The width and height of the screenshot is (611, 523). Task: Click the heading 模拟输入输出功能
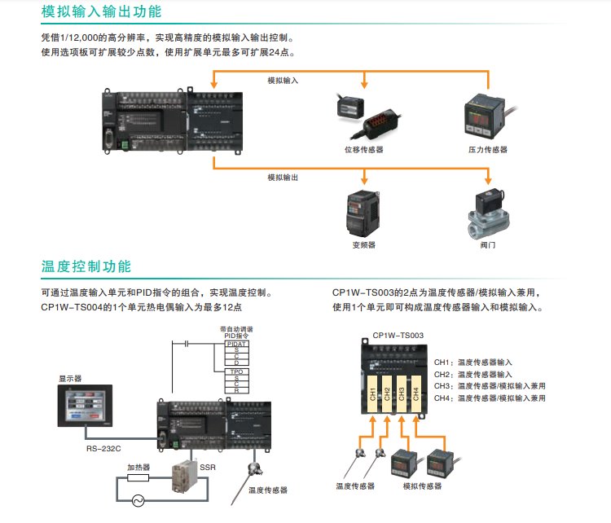pyautogui.click(x=101, y=12)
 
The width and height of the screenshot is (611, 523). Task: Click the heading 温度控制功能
pyautogui.click(x=86, y=267)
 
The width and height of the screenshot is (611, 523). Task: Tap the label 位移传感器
pyautogui.click(x=363, y=150)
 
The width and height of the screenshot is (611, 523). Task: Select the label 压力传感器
pyautogui.click(x=487, y=150)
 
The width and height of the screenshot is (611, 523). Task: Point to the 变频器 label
pyautogui.click(x=363, y=244)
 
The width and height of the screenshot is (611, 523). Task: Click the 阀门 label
pyautogui.click(x=487, y=244)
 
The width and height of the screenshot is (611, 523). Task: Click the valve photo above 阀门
pyautogui.click(x=487, y=213)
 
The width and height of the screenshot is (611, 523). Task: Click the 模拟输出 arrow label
pyautogui.click(x=283, y=177)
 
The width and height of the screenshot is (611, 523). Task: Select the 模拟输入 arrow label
pyautogui.click(x=283, y=81)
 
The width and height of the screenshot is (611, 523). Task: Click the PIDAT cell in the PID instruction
pyautogui.click(x=236, y=344)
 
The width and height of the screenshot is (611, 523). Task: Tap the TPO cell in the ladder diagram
pyautogui.click(x=236, y=371)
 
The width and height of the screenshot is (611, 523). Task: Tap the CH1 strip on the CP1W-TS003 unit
pyautogui.click(x=373, y=395)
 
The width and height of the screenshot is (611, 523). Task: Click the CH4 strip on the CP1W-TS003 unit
pyautogui.click(x=415, y=395)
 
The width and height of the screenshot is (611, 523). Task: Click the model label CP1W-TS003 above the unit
pyautogui.click(x=398, y=335)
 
